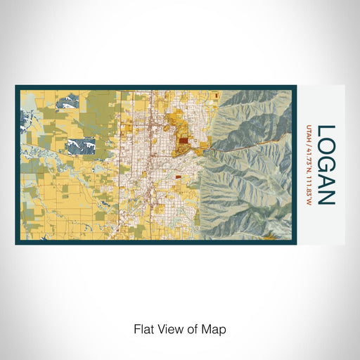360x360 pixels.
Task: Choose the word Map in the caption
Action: coord(214,328)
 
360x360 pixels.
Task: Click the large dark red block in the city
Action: coord(183,141)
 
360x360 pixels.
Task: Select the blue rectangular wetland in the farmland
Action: coord(80,146)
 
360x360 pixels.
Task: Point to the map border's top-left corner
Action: coord(16,86)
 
